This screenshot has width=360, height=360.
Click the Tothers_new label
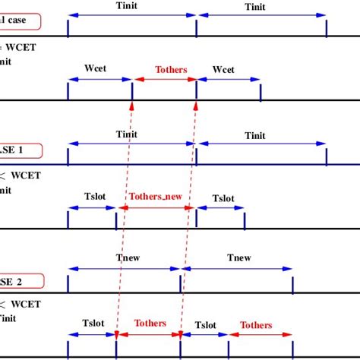pos(156,196)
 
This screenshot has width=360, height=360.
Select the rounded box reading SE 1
pos(20,150)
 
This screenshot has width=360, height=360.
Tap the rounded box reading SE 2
pos(21,279)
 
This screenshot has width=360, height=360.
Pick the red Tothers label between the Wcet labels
pos(170,69)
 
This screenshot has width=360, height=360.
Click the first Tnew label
pos(125,258)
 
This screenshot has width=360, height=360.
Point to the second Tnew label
pos(238,258)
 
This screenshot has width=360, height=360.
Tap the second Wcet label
pos(223,69)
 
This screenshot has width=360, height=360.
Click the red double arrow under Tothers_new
pos(156,207)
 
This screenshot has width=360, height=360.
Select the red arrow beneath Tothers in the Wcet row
pos(164,78)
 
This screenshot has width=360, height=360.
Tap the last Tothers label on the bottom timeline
pos(256,325)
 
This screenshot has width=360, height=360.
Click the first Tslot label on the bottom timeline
pos(93,325)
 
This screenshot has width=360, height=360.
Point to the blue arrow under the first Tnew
pos(125,267)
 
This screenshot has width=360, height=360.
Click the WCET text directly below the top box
pos(27,48)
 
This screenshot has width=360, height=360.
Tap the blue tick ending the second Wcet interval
pos(261,91)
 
